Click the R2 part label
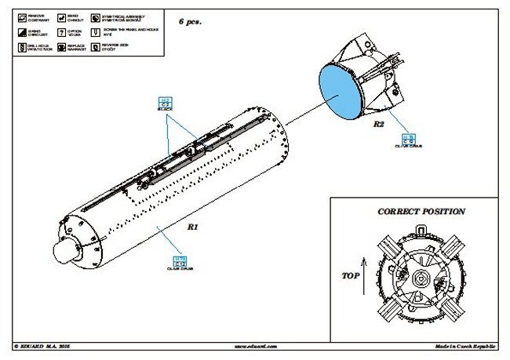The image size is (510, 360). tap(378, 125)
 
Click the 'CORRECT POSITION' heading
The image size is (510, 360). tap(421, 212)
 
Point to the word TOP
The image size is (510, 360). tap(351, 277)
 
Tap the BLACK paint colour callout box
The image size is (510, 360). tap(165, 102)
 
